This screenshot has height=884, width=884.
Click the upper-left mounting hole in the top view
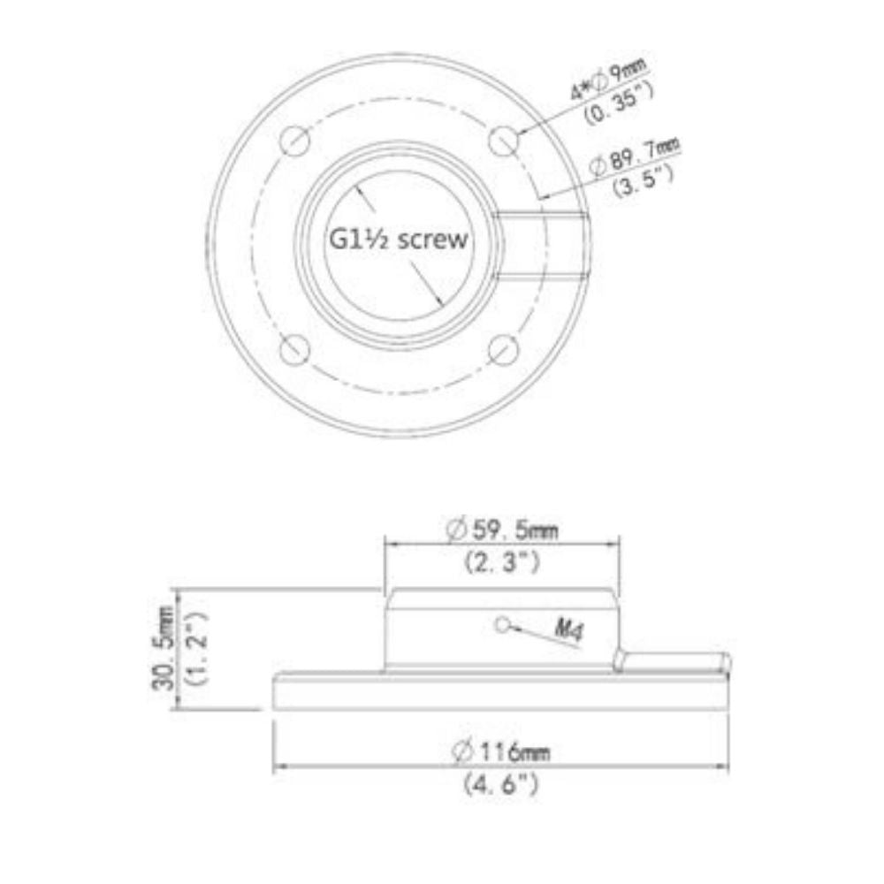295,140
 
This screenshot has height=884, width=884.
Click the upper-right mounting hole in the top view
503,140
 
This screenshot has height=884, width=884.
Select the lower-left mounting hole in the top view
294,349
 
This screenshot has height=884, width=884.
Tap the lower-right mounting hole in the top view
503,349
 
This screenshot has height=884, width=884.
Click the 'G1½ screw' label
398,240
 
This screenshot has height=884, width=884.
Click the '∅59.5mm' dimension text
502,530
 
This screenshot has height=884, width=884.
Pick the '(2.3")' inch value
502,562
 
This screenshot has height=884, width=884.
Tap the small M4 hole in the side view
503,625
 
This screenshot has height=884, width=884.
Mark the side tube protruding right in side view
676,661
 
